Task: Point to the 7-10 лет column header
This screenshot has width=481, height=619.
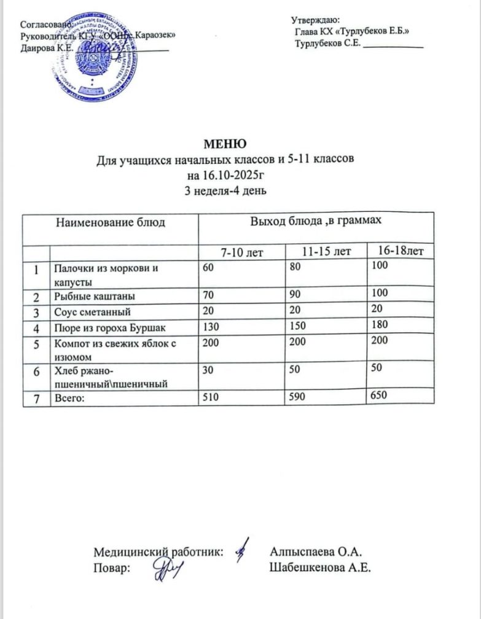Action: pos(241,252)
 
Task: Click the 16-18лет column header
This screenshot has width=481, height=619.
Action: pos(400,251)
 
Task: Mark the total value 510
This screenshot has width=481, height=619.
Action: pos(210,399)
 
